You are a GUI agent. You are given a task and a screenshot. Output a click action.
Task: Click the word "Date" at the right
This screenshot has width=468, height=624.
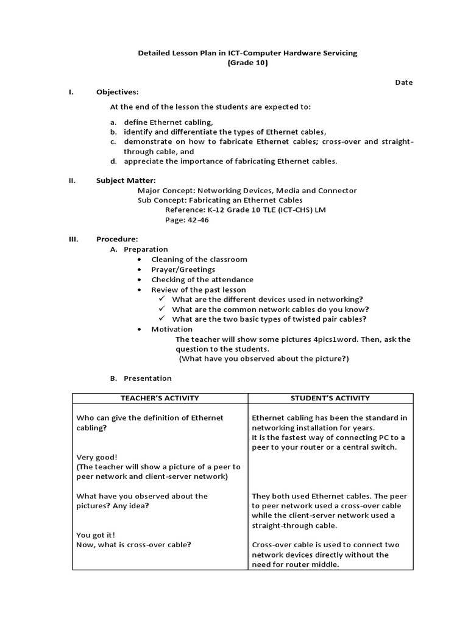click(x=403, y=82)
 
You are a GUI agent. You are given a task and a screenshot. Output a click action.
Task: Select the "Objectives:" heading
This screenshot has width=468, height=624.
click(x=117, y=92)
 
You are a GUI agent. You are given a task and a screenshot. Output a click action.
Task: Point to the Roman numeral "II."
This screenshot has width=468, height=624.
click(x=72, y=180)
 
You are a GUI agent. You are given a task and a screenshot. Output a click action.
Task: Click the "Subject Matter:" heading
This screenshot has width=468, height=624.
click(x=126, y=180)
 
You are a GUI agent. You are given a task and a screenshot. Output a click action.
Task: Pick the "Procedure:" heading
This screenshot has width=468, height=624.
click(x=117, y=239)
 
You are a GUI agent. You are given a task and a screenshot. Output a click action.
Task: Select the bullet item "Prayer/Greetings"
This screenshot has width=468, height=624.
click(x=183, y=269)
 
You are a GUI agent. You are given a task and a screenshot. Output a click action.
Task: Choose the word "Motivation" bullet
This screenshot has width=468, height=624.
click(x=172, y=329)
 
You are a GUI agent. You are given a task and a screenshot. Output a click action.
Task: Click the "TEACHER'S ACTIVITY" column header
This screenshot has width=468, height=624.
click(x=160, y=398)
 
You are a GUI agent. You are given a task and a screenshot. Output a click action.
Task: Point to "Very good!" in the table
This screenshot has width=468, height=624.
click(x=97, y=456)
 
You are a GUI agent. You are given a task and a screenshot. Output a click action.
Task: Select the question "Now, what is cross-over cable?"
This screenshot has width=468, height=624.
click(x=134, y=544)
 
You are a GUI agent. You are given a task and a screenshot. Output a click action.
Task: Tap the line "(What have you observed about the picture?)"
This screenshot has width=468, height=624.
click(x=263, y=358)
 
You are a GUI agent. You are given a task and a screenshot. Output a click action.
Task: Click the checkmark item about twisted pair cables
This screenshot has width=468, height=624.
click(x=269, y=319)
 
